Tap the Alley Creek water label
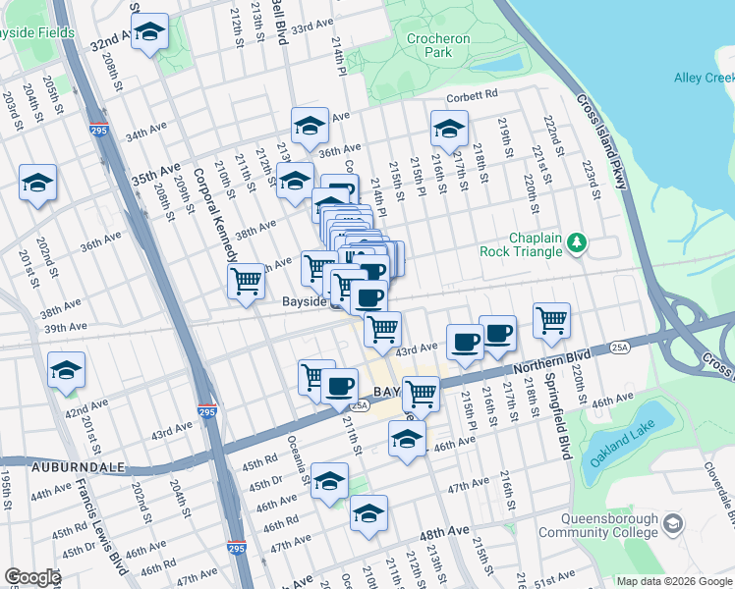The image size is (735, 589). (x=704, y=78)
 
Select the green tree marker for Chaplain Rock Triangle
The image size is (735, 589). (x=578, y=241)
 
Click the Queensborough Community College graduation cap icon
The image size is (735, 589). (x=672, y=523)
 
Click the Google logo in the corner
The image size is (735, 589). (x=31, y=577)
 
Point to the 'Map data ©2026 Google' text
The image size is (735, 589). (x=674, y=581)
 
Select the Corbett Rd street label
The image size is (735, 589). (x=473, y=95)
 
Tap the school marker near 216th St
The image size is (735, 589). (x=449, y=129)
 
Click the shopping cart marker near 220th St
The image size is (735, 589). (x=552, y=319)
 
